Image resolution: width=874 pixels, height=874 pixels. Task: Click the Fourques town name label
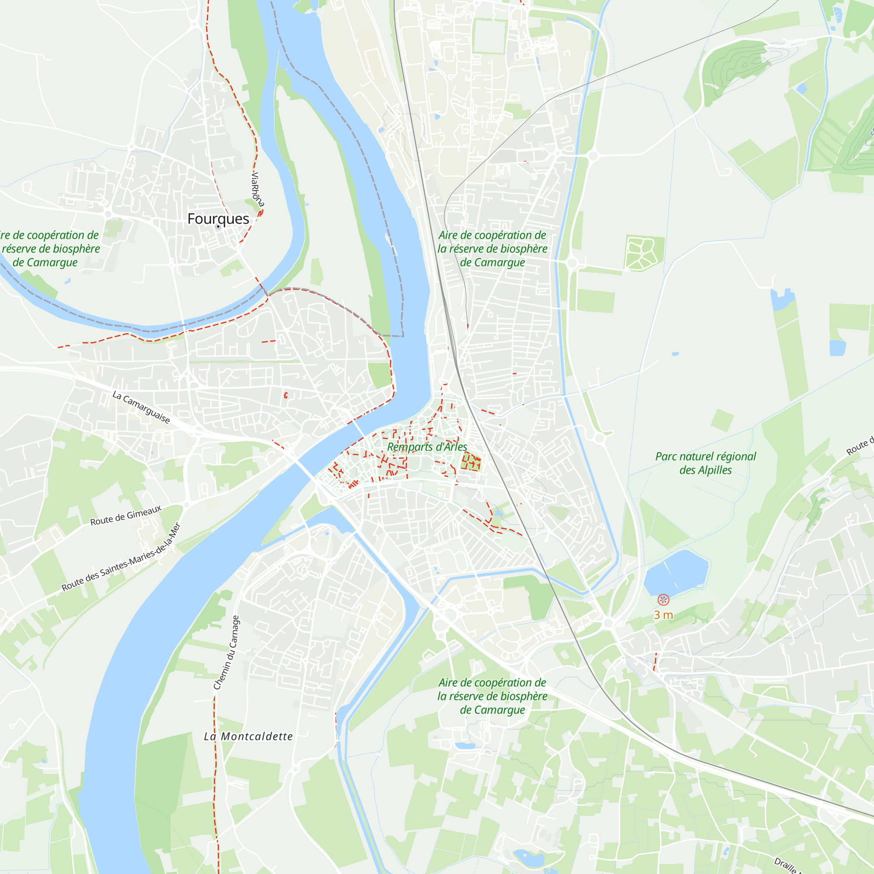point(218,219)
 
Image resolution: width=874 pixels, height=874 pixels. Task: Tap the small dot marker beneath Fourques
point(218,227)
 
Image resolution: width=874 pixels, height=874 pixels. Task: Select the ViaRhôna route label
point(257,190)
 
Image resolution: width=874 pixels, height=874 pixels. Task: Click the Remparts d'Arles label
point(427,447)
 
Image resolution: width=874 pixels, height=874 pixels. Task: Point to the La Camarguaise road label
point(141,408)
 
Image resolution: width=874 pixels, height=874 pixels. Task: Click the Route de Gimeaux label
point(126,516)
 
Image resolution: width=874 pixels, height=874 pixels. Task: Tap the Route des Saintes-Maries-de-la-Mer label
point(121,557)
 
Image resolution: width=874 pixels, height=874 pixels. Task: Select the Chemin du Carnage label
point(226,653)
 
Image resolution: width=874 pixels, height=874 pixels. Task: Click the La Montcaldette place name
point(248,736)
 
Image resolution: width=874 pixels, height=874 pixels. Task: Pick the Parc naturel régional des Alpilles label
point(705,463)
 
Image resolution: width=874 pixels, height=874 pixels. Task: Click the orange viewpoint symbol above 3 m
point(663,600)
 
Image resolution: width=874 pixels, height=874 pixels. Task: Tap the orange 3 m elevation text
point(663,615)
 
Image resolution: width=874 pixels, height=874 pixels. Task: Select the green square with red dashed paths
point(471,462)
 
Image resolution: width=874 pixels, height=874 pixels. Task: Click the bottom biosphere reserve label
point(492,696)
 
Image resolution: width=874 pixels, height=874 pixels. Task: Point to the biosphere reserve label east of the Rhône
point(492,249)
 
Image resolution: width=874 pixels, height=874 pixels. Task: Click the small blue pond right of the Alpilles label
point(837,348)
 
